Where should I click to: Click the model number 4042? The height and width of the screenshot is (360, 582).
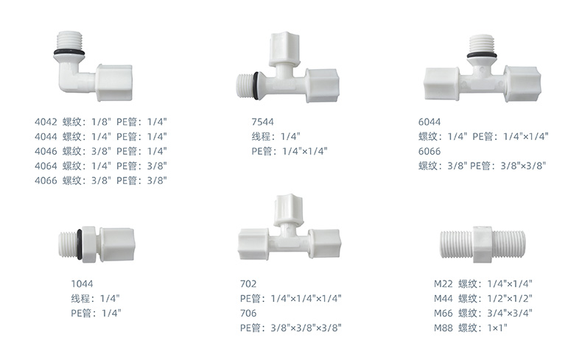[46, 122]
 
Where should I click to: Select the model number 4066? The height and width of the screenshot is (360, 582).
[46, 180]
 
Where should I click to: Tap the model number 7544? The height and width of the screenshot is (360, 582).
[262, 122]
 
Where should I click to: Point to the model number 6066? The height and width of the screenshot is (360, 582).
[430, 151]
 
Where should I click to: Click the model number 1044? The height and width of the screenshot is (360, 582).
[82, 284]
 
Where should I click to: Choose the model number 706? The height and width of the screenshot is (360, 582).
[248, 314]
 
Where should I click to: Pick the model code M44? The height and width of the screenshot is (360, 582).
[443, 298]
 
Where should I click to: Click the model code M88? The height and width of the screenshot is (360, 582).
[443, 328]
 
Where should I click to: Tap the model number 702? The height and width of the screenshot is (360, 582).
[248, 284]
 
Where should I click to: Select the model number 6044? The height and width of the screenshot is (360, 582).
[430, 122]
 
